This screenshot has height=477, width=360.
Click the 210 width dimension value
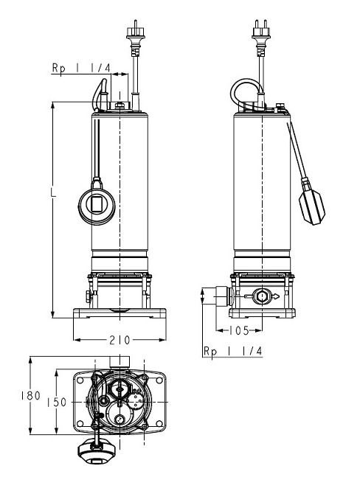(x=120, y=340)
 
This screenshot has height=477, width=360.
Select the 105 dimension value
(x=239, y=330)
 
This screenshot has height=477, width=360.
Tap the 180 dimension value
(x=30, y=396)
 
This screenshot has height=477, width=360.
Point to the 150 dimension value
(x=57, y=403)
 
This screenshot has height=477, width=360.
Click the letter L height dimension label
(x=53, y=192)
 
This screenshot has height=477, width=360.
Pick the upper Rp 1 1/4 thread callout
(x=81, y=68)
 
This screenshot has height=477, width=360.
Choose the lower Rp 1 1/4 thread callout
(x=233, y=351)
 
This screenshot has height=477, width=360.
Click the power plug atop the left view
(x=136, y=38)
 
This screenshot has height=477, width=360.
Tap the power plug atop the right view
(x=261, y=38)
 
